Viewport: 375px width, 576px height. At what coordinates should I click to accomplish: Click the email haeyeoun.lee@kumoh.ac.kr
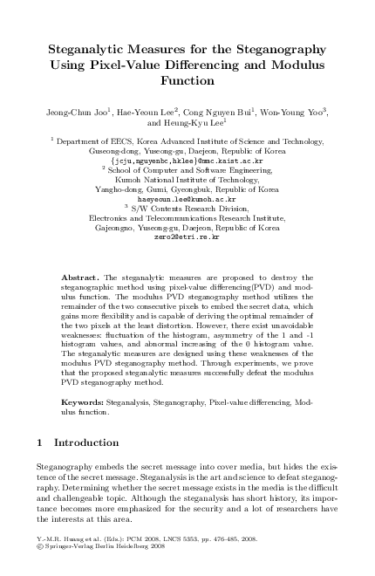pyautogui.click(x=187, y=198)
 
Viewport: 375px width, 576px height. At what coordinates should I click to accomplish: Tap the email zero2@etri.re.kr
pyautogui.click(x=187, y=236)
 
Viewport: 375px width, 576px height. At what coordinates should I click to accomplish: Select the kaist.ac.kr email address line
pyautogui.click(x=187, y=161)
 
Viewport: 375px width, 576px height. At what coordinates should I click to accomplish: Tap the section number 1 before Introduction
pyautogui.click(x=41, y=443)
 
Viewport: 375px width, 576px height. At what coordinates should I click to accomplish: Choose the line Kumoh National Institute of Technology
pyautogui.click(x=187, y=179)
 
